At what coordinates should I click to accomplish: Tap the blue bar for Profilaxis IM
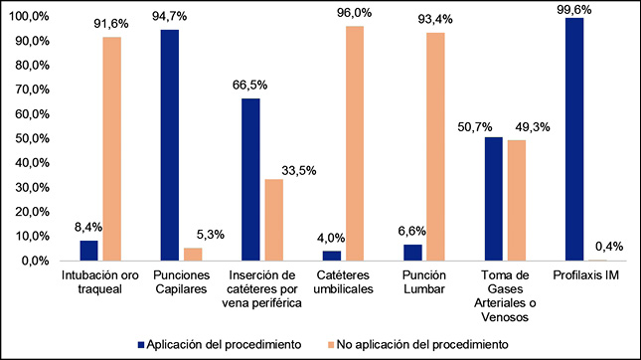(x=573, y=139)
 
